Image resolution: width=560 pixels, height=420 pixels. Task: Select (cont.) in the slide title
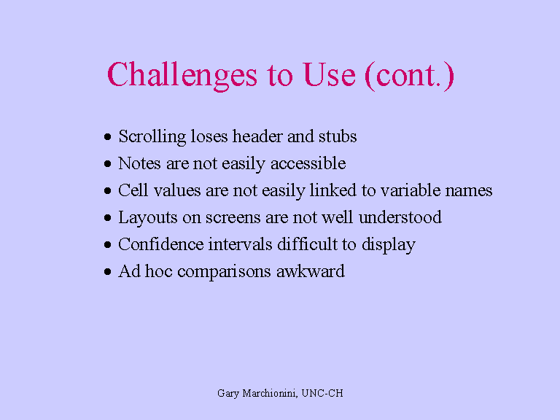coord(410,76)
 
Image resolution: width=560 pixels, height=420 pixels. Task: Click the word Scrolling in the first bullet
coord(151,137)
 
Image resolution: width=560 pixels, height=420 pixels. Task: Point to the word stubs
coord(337,136)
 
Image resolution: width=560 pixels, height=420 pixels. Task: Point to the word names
coord(470,191)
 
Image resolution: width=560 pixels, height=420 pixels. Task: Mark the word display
coord(387,245)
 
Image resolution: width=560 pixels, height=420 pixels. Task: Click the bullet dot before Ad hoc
coord(107,272)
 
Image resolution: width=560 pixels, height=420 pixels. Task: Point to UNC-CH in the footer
coord(324,394)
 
